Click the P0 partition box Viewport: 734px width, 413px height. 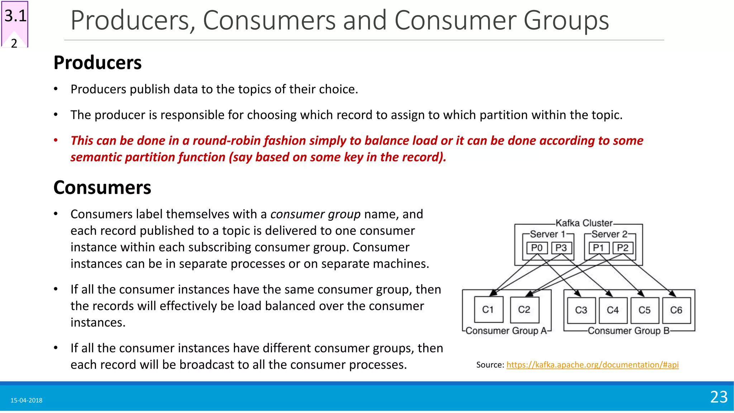click(x=537, y=248)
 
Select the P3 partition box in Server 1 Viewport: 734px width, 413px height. click(x=561, y=248)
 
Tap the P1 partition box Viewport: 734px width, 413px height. click(x=599, y=248)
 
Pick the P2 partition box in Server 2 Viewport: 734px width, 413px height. click(x=623, y=248)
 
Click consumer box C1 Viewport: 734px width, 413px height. click(x=488, y=310)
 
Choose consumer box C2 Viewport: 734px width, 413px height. click(x=524, y=310)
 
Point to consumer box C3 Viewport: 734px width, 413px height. click(x=581, y=310)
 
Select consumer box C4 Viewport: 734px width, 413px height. click(x=613, y=310)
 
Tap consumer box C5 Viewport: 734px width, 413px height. click(x=644, y=310)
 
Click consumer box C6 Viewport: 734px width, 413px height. click(x=676, y=310)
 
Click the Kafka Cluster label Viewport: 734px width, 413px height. click(x=584, y=223)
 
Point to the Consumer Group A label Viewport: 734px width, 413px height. click(x=506, y=331)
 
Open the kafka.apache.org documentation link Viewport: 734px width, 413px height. click(x=592, y=365)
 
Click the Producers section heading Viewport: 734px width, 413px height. click(x=97, y=63)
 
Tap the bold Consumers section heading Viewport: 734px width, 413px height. click(x=102, y=187)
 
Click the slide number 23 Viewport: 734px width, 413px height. click(x=719, y=397)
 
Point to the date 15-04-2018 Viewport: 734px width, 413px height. click(x=26, y=400)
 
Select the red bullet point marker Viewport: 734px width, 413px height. click(x=56, y=140)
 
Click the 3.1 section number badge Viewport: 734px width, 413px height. click(x=15, y=16)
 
